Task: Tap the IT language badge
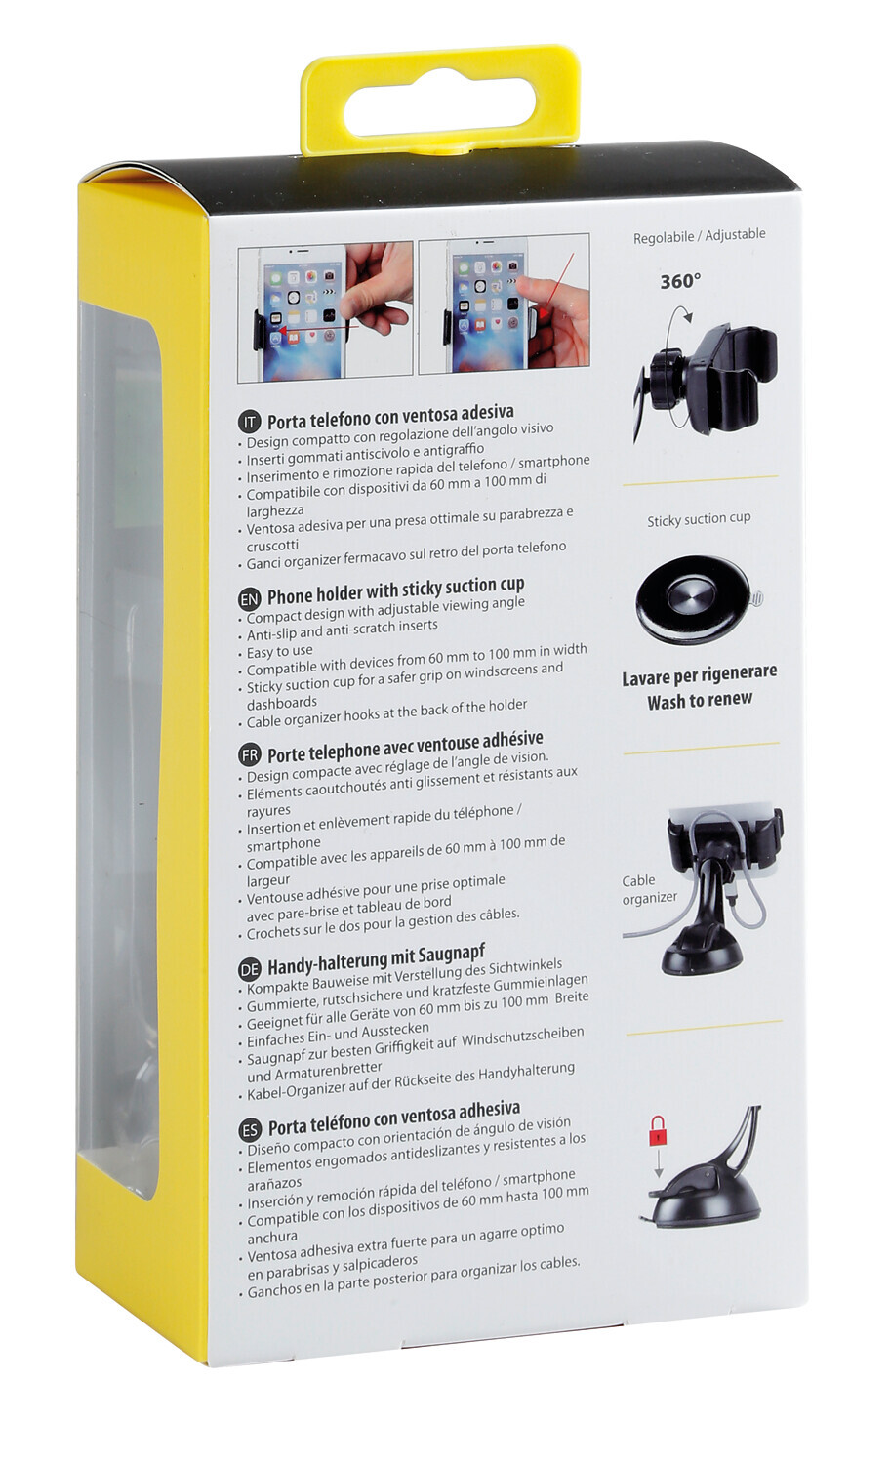pos(249,423)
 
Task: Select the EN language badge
pos(250,599)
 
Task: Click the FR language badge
pos(250,756)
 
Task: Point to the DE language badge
pos(250,969)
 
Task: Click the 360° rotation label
pos(680,282)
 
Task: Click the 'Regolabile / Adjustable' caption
pos(699,236)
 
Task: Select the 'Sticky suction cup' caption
pos(699,519)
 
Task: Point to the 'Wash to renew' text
pos(700,701)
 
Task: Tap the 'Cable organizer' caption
pos(649,889)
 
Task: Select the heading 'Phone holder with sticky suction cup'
pos(396,590)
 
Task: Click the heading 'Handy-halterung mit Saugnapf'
pos(377,958)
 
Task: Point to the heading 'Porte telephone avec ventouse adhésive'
pos(405,747)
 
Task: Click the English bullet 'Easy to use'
pos(280,652)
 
